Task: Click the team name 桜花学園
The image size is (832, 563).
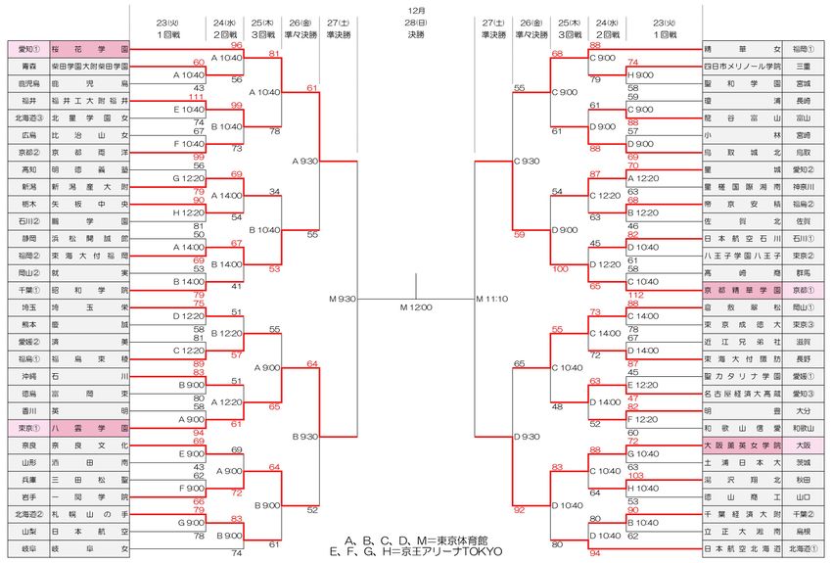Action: point(90,48)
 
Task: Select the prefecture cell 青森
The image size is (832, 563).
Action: point(27,66)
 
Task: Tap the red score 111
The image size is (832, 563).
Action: point(199,96)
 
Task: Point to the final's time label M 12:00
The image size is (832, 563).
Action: point(416,306)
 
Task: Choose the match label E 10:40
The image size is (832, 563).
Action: point(188,110)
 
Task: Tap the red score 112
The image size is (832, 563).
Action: point(634,295)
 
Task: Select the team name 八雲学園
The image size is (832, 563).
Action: point(90,427)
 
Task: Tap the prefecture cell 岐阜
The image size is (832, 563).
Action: point(27,549)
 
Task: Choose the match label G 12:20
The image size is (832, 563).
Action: point(188,179)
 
